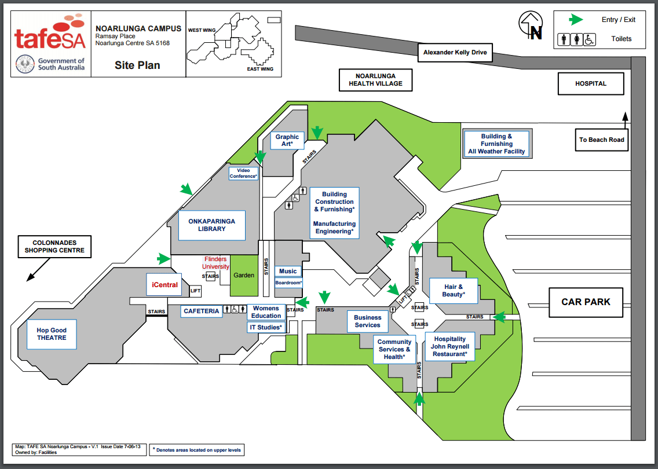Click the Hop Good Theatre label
pyautogui.click(x=52, y=334)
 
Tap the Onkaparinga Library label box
pyautogui.click(x=212, y=225)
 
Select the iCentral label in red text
pyautogui.click(x=164, y=285)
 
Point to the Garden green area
pyautogui.click(x=244, y=275)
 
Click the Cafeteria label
pyautogui.click(x=202, y=311)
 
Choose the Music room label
pyautogui.click(x=288, y=272)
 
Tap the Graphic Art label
pyautogui.click(x=287, y=141)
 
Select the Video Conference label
pyautogui.click(x=243, y=173)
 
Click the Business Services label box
pyautogui.click(x=368, y=321)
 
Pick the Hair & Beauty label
pyautogui.click(x=454, y=290)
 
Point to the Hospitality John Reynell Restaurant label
pyautogui.click(x=450, y=346)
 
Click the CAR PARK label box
pyautogui.click(x=586, y=302)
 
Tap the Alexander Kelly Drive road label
pyautogui.click(x=455, y=53)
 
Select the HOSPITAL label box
pyautogui.click(x=591, y=83)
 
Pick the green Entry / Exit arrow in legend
pyautogui.click(x=576, y=20)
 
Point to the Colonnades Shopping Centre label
pyautogui.click(x=54, y=247)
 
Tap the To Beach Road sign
pyautogui.click(x=601, y=140)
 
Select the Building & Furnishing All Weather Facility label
pyautogui.click(x=497, y=144)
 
